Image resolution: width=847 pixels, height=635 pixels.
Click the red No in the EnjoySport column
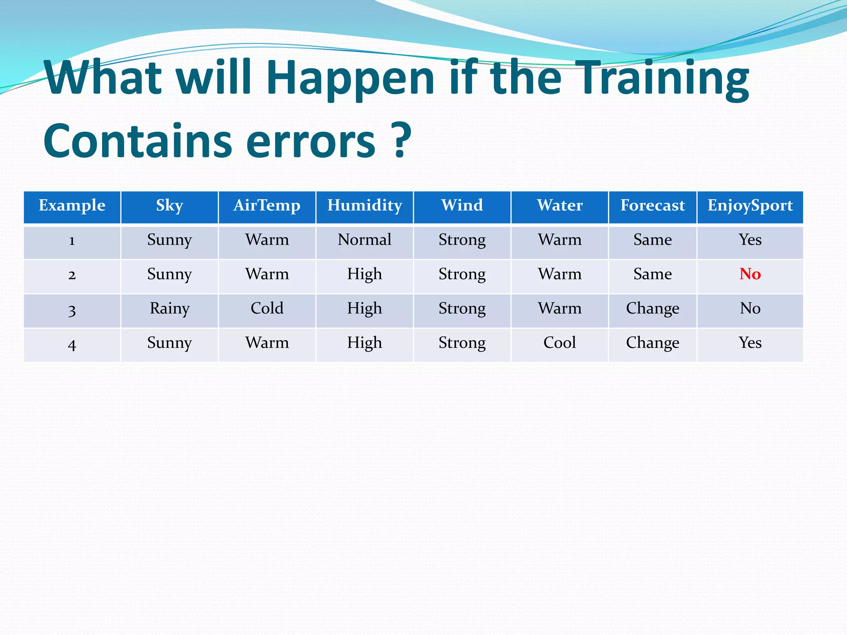click(x=750, y=274)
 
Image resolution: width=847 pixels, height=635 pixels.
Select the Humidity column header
click(x=364, y=205)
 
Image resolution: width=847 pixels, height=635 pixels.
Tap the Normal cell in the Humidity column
click(x=364, y=240)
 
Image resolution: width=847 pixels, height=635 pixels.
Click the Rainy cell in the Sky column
click(x=170, y=308)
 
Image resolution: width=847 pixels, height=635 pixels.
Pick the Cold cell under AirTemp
click(x=267, y=308)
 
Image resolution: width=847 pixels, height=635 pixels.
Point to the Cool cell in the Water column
click(x=560, y=343)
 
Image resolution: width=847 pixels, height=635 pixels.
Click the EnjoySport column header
click(x=750, y=205)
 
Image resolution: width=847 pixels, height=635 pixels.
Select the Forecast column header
click(x=653, y=205)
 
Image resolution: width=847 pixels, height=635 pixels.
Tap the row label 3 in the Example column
click(x=72, y=310)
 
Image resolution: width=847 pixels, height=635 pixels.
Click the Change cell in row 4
click(x=653, y=343)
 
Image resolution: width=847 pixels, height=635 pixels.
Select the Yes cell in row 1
click(x=750, y=240)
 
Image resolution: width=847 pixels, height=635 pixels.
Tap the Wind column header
click(x=462, y=205)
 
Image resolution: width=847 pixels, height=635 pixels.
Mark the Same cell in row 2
click(x=653, y=274)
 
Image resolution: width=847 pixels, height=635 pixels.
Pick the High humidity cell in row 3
click(x=364, y=308)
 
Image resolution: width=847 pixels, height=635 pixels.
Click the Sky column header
click(x=170, y=205)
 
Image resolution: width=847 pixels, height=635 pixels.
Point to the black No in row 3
click(x=750, y=308)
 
